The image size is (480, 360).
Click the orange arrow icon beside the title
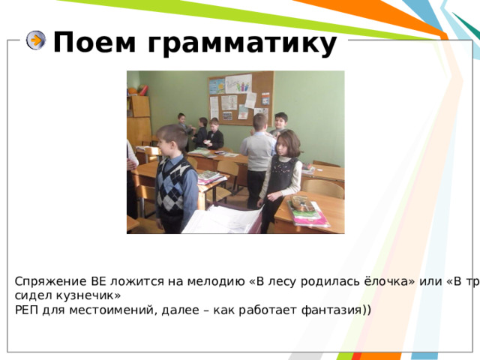coord(36,41)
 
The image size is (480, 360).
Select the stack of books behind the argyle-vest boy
coord(210,177)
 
